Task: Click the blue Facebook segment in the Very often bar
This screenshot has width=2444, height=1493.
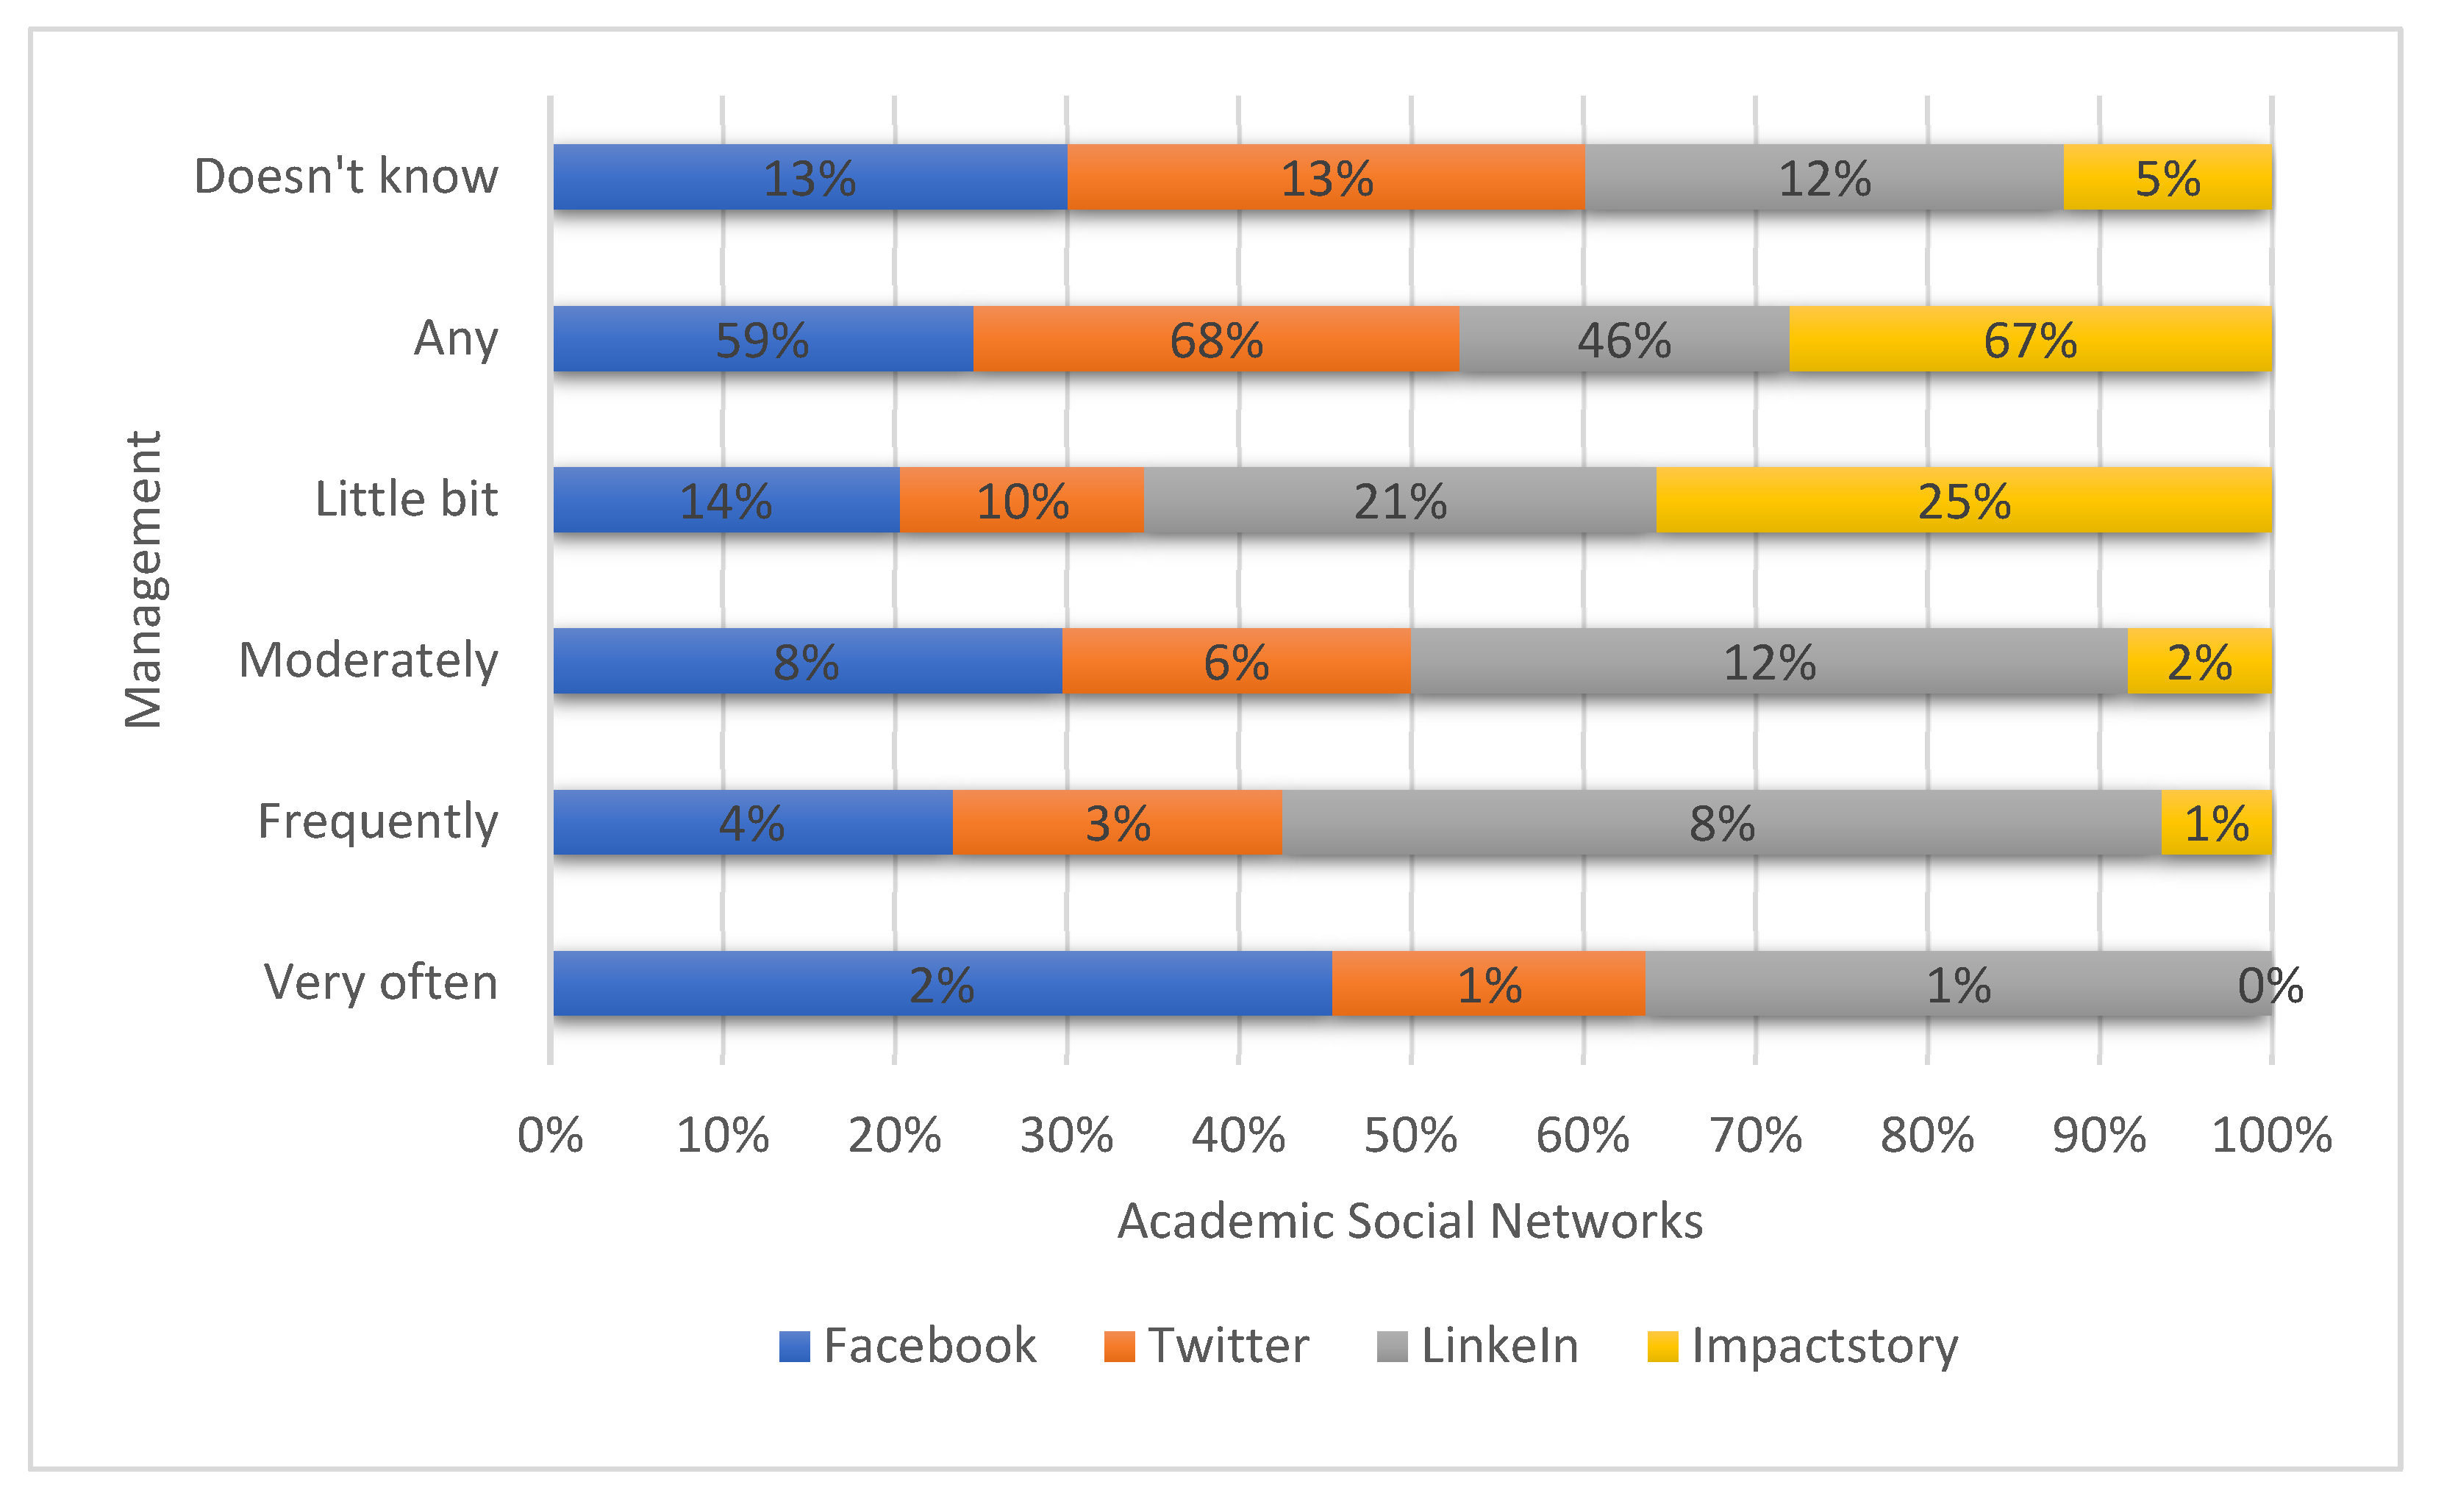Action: point(943,984)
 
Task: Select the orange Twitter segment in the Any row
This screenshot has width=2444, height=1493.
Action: point(1216,339)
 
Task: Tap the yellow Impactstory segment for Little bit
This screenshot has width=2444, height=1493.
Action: point(1964,500)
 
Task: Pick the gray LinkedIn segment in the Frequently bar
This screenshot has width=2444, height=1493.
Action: point(1722,822)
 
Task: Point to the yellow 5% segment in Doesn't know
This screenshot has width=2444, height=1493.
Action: point(2168,177)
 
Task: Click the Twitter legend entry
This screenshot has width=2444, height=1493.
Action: point(1207,1346)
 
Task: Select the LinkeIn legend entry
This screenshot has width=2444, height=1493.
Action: point(1478,1346)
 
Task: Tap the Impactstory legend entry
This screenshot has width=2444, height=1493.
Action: point(1804,1346)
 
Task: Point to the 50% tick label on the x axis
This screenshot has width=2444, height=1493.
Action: point(1410,1136)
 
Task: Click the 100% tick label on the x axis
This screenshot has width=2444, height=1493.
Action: point(2271,1136)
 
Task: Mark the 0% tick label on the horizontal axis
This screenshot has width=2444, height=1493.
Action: point(551,1136)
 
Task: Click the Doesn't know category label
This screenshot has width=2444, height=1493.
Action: point(346,177)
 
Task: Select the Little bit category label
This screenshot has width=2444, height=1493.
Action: point(407,499)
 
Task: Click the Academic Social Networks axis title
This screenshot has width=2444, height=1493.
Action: point(1409,1221)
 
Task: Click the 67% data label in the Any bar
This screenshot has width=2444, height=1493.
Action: point(2030,341)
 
